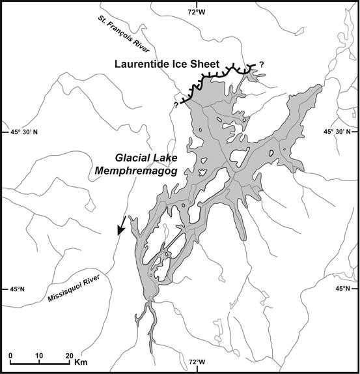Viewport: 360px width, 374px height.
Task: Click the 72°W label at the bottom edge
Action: pos(197,362)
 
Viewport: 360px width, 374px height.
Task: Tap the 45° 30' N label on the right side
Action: pos(339,132)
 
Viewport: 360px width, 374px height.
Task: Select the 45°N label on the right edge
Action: pos(346,289)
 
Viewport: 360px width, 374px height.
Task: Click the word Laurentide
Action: pos(143,64)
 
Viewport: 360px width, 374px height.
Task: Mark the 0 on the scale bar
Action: pos(10,356)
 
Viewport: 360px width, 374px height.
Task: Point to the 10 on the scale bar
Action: pos(40,356)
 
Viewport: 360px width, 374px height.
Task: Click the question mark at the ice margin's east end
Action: pos(262,63)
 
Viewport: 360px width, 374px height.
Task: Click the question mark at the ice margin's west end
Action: pos(175,105)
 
